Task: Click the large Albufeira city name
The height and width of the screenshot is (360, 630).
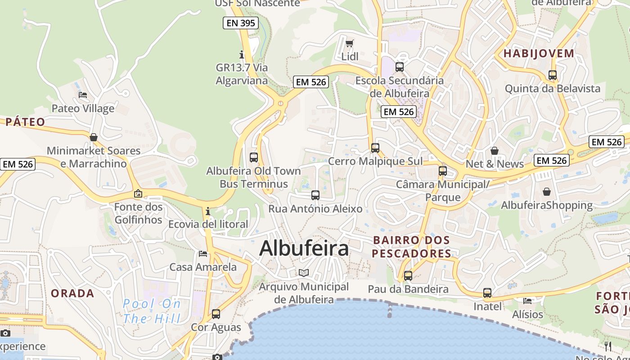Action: [x=304, y=248]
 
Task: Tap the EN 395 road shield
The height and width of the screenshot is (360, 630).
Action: [x=241, y=23]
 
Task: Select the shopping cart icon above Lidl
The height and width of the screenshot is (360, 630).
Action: [x=350, y=44]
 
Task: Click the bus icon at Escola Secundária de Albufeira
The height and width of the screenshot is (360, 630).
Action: [x=399, y=67]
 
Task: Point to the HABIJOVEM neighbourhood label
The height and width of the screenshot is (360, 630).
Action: [x=539, y=54]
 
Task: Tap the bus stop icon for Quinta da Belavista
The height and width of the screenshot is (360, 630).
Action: [x=553, y=75]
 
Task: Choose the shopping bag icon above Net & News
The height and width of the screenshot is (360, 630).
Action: [x=495, y=151]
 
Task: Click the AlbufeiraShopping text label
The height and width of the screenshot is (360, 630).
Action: [x=547, y=206]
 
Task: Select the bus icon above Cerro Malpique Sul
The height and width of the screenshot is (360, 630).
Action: [x=375, y=148]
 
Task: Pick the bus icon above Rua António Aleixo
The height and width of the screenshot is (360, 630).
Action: [x=315, y=195]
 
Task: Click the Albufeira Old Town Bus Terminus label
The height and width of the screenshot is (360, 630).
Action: [x=253, y=177]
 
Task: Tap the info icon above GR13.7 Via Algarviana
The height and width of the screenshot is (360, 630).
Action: [x=242, y=55]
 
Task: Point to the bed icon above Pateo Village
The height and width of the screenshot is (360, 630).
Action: [x=83, y=95]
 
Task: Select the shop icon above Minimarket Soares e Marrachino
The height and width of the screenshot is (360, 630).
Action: [x=94, y=137]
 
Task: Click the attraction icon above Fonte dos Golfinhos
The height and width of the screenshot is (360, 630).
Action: [x=138, y=194]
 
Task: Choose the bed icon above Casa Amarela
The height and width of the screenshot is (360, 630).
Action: [x=203, y=254]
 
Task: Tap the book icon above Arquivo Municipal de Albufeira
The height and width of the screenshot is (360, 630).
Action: [x=304, y=273]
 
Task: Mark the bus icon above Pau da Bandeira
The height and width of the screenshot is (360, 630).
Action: [x=408, y=276]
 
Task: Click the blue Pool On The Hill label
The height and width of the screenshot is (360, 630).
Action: [x=152, y=311]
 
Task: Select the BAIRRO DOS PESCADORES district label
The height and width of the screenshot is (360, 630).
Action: [x=411, y=247]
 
